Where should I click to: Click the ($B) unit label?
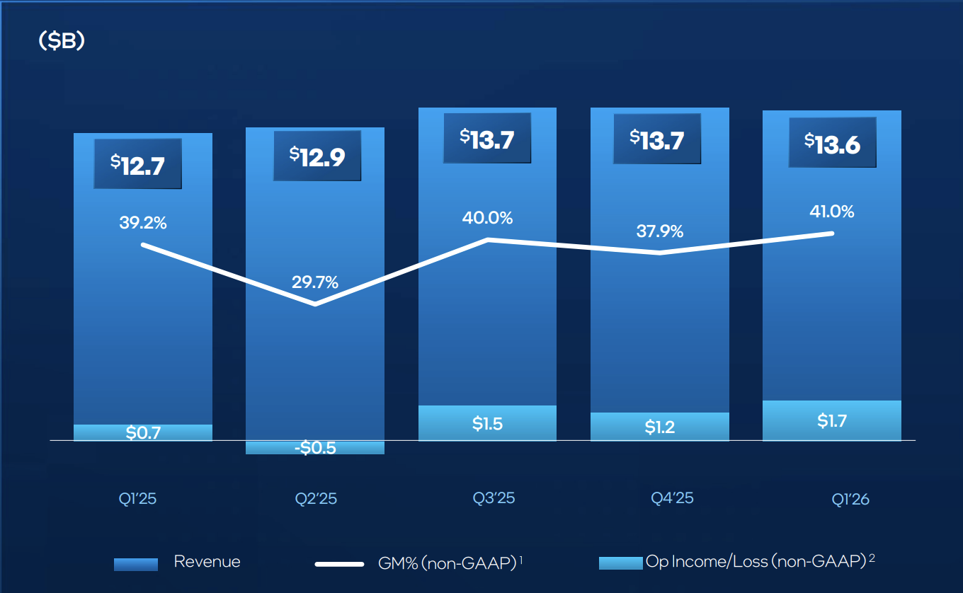(x=62, y=42)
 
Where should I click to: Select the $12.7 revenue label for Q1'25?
(x=137, y=164)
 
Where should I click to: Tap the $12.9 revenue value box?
(x=317, y=155)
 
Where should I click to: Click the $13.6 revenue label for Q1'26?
(x=832, y=143)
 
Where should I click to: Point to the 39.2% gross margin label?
(x=143, y=223)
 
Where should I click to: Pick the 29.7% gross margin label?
(x=315, y=282)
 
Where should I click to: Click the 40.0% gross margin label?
(x=488, y=218)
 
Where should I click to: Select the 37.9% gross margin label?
(x=659, y=231)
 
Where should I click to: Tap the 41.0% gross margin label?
(x=831, y=212)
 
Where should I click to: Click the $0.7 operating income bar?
(x=143, y=432)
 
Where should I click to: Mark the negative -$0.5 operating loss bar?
(x=315, y=447)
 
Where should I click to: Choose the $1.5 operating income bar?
(x=487, y=423)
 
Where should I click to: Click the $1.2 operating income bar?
(x=659, y=427)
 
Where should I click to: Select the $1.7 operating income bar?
(x=831, y=421)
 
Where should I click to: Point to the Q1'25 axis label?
(x=137, y=499)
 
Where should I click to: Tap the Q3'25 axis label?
(x=494, y=498)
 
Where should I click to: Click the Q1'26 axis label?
(x=850, y=500)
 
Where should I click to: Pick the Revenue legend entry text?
(x=207, y=563)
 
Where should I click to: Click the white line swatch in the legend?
(x=339, y=564)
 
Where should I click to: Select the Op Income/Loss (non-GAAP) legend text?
(x=756, y=562)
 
